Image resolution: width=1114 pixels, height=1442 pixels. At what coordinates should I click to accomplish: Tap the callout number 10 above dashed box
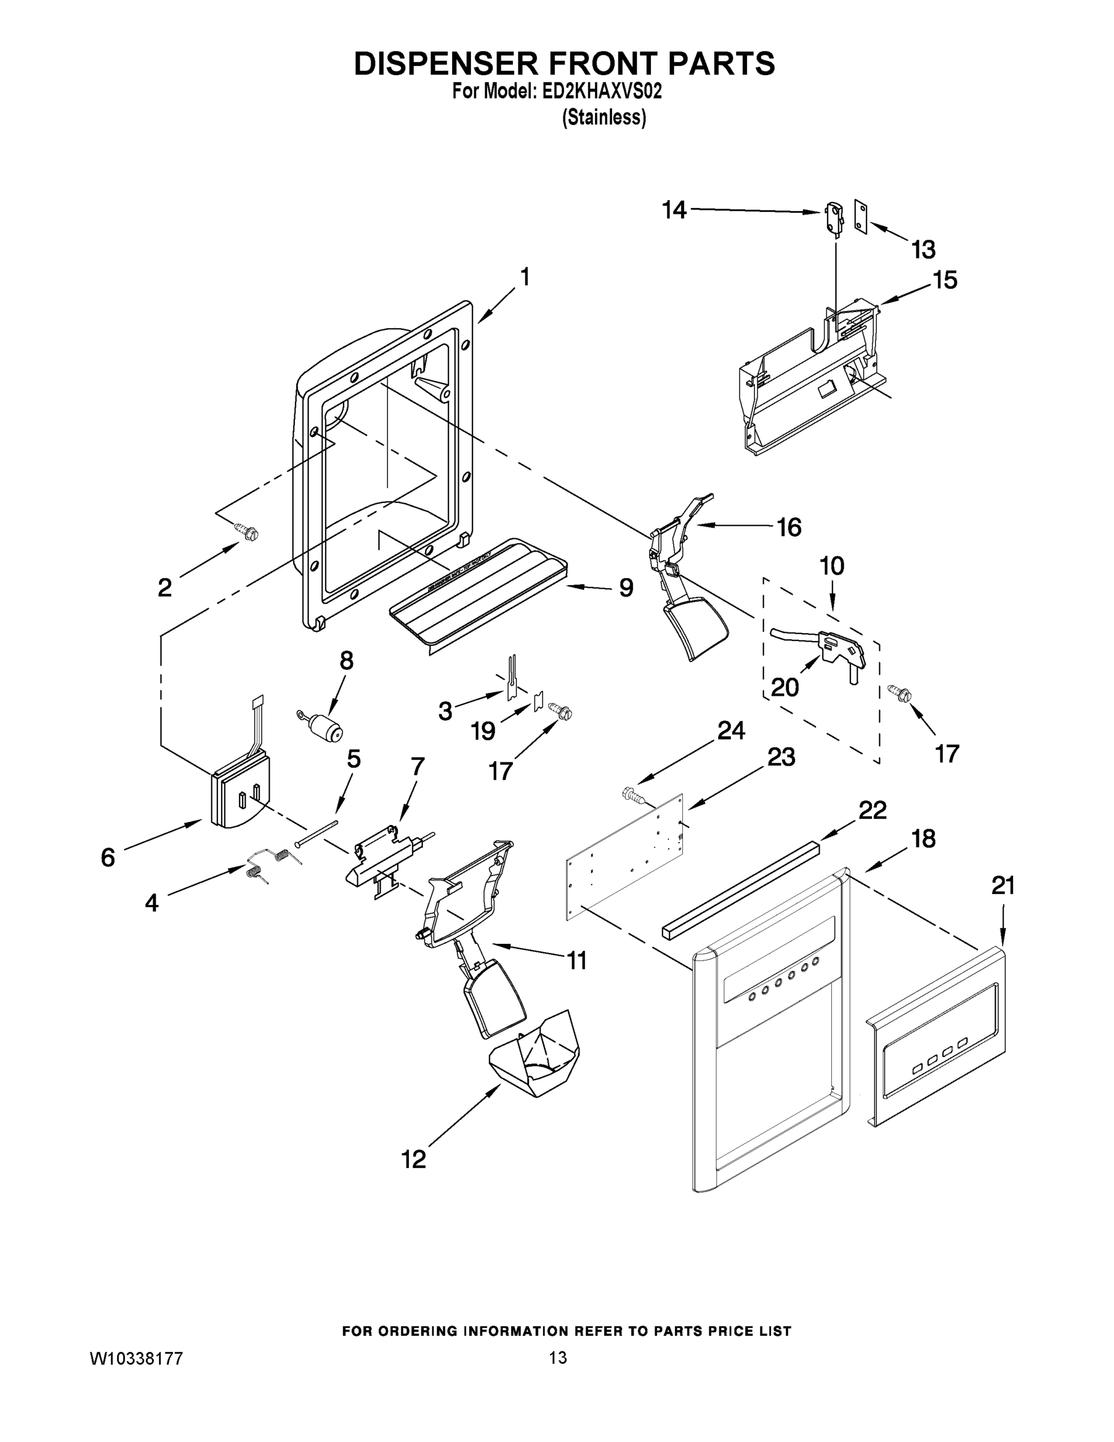832,566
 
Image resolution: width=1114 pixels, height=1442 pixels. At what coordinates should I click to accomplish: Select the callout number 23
781,757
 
